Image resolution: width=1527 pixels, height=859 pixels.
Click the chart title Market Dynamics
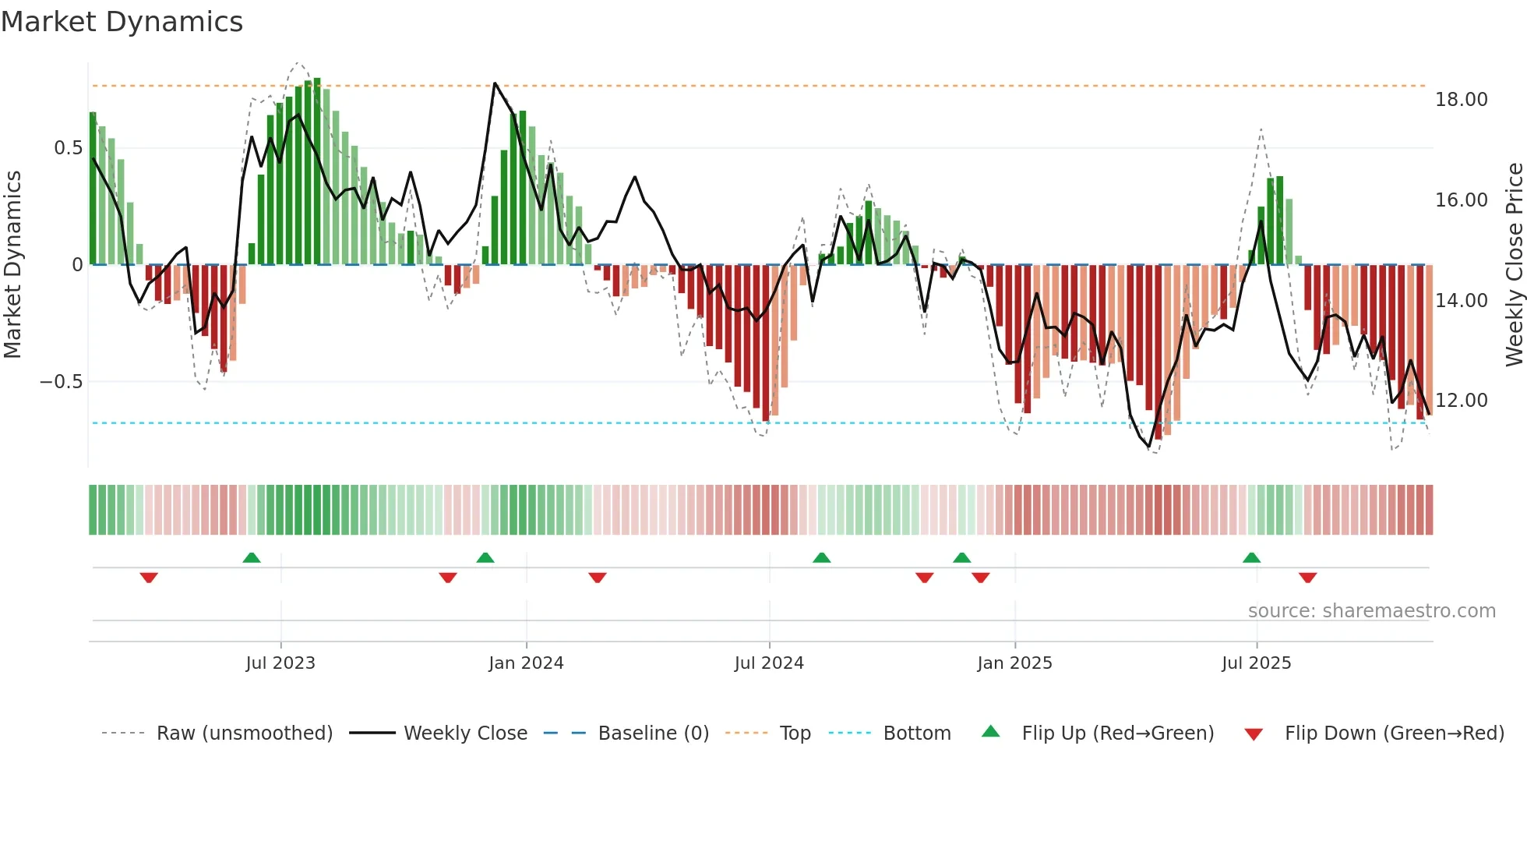click(x=122, y=22)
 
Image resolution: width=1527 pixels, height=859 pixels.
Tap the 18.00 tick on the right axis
click(x=1461, y=100)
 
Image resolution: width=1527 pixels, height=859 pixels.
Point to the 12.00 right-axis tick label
click(x=1461, y=401)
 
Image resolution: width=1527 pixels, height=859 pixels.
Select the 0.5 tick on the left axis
click(x=68, y=148)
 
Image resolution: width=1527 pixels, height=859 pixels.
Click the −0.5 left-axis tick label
click(x=61, y=382)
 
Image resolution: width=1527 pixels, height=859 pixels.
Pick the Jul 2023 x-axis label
click(x=280, y=663)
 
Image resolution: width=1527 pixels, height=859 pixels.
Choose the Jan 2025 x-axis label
click(x=1014, y=663)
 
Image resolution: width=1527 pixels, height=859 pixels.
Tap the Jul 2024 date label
click(x=769, y=663)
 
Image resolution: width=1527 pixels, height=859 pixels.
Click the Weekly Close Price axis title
click(x=1514, y=265)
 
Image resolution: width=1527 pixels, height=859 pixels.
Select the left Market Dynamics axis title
click(x=13, y=265)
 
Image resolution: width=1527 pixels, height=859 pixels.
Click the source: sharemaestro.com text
click(x=1371, y=611)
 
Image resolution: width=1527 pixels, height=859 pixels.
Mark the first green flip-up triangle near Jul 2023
click(x=252, y=558)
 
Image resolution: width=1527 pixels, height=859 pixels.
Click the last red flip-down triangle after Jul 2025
click(x=1307, y=578)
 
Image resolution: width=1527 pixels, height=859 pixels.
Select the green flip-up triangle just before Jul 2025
click(x=1251, y=558)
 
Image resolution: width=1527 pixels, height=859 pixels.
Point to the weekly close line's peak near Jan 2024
click(x=495, y=83)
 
